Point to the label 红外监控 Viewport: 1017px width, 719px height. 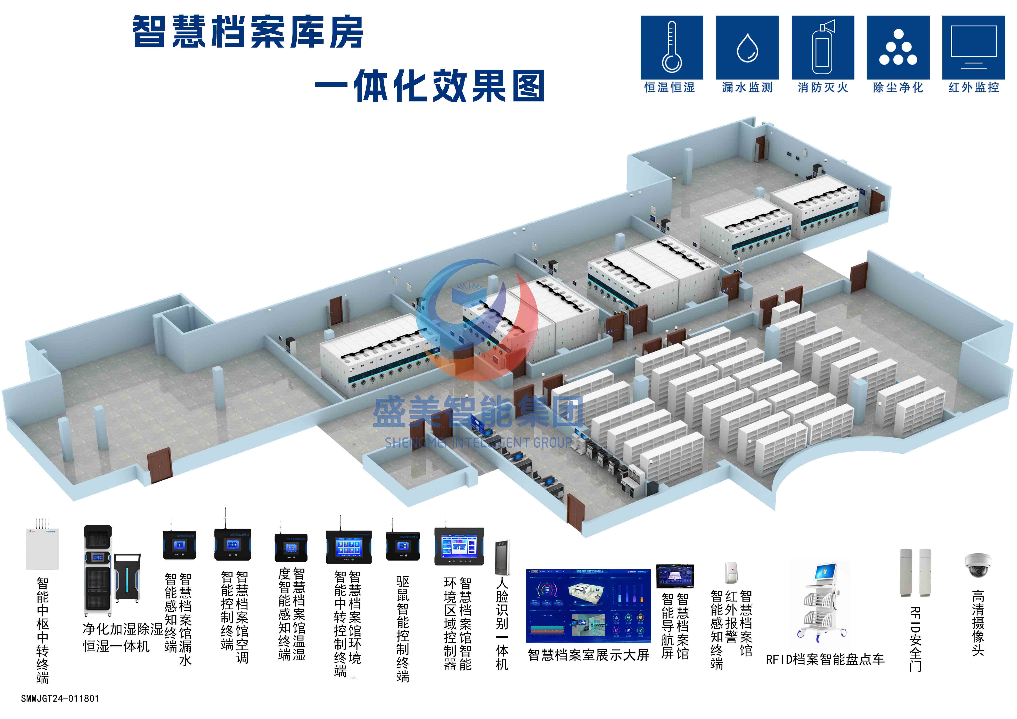click(x=974, y=87)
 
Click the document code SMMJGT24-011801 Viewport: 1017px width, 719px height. click(x=60, y=699)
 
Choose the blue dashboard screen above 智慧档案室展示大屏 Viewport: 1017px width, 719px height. click(x=588, y=606)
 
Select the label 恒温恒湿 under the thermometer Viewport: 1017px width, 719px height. click(x=670, y=87)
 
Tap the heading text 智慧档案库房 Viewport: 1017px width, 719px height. click(x=248, y=32)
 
